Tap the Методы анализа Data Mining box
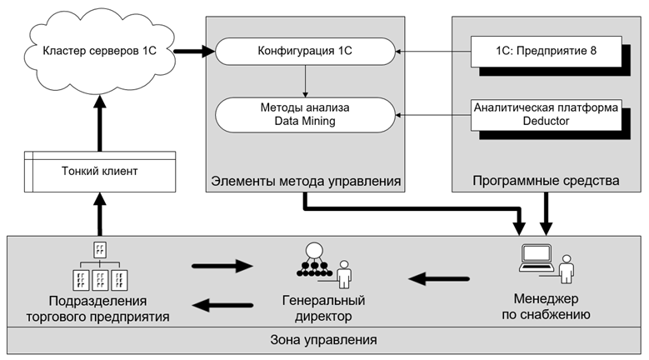tap(305, 113)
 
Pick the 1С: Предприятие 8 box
tap(546, 52)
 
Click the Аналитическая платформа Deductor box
tap(546, 113)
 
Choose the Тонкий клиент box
tap(99, 172)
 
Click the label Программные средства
tap(547, 180)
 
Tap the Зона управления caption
tap(324, 340)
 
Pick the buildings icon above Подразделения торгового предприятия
tap(99, 267)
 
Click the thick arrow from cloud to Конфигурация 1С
tap(193, 52)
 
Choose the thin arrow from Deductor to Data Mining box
tap(432, 113)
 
